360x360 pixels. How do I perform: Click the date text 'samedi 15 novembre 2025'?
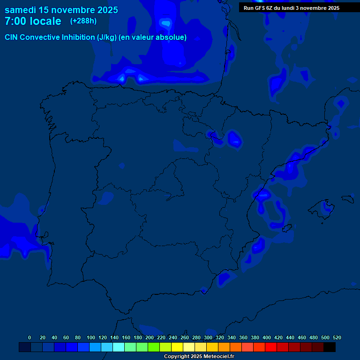point(61,10)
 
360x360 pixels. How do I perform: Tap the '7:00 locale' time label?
point(33,21)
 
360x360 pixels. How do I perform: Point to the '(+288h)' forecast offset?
point(83,21)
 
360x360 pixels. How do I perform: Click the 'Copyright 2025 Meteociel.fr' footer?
point(199,356)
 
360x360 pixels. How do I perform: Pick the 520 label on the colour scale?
point(337,337)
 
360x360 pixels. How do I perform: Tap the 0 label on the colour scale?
point(30,337)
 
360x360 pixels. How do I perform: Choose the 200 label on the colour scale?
point(150,337)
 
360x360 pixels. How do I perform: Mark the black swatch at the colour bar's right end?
point(330,347)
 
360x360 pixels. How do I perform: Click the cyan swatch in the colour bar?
point(119,347)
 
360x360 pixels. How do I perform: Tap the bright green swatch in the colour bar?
point(154,347)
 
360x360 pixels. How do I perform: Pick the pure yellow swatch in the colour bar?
point(177,347)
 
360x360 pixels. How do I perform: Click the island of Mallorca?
point(324,210)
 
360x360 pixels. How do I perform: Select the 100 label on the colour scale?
point(91,337)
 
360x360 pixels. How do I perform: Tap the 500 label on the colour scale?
point(325,337)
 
